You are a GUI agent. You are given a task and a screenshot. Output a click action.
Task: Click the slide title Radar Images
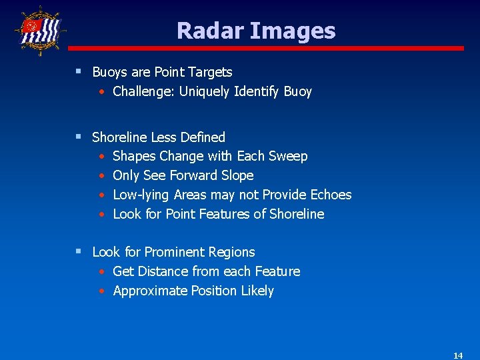(256, 31)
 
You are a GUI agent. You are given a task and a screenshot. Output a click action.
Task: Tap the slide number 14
(457, 355)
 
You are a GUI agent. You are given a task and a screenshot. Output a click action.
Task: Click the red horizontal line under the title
(266, 48)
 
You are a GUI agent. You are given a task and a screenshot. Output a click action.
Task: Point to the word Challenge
(141, 91)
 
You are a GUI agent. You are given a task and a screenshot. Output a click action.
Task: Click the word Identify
(257, 91)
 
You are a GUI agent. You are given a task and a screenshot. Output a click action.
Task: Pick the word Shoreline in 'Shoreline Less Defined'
(120, 137)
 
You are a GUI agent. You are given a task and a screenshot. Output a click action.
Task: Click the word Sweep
(288, 157)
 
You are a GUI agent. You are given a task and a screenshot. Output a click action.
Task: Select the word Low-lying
(141, 195)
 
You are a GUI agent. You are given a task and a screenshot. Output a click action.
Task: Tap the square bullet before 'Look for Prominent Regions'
(79, 251)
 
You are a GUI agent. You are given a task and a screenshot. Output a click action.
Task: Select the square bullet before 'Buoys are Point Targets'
(79, 71)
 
